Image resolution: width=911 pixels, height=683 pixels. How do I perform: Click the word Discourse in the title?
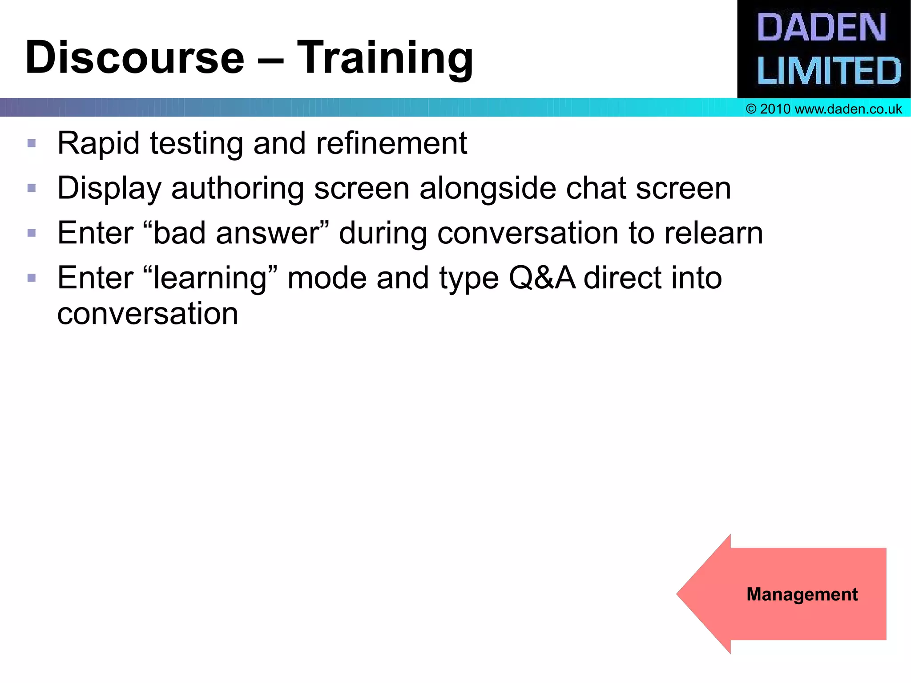tap(135, 58)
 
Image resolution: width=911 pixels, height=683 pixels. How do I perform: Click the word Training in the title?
tap(385, 58)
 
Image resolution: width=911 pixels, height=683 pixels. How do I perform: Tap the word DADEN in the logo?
tap(822, 28)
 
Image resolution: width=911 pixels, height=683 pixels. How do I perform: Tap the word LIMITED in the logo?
tap(829, 71)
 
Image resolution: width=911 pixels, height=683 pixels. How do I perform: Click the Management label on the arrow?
tap(802, 594)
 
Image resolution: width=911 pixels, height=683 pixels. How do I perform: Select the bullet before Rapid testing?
tap(32, 143)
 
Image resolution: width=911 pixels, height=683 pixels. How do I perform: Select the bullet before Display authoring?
tap(32, 188)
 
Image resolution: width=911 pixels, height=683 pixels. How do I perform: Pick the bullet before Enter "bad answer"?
tap(32, 233)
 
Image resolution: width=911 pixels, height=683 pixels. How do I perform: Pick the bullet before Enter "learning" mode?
tap(32, 278)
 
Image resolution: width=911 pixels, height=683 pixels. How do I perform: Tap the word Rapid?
tap(98, 143)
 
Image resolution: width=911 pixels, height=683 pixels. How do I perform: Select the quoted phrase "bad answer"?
tap(237, 233)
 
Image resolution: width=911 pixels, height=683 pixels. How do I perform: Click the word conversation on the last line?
tap(148, 314)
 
